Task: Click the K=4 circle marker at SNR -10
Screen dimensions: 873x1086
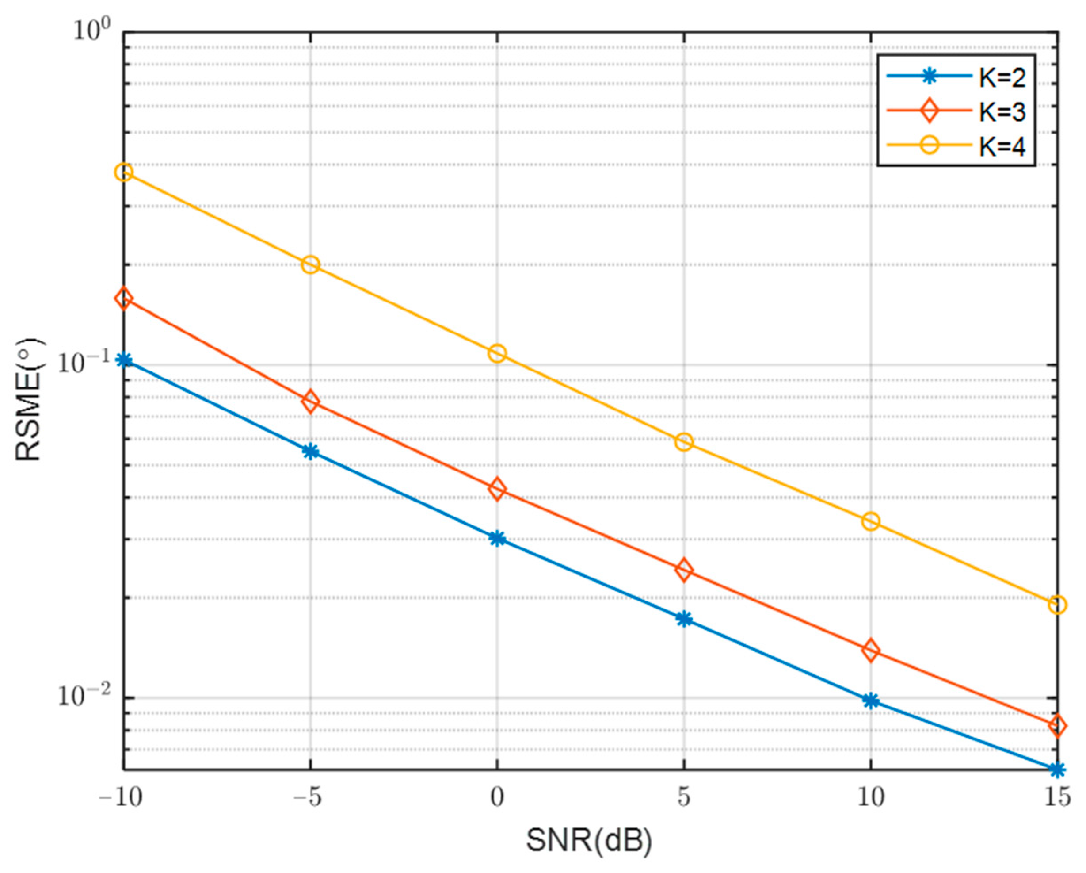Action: pyautogui.click(x=124, y=172)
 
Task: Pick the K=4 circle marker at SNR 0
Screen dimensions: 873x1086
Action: pyautogui.click(x=497, y=353)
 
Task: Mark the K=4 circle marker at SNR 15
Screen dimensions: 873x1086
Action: pyautogui.click(x=1057, y=605)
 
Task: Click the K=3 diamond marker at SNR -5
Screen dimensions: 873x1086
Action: pyautogui.click(x=311, y=401)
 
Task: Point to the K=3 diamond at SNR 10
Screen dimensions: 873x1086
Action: pyautogui.click(x=870, y=651)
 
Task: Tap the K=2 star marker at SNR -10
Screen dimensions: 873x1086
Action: pyautogui.click(x=124, y=360)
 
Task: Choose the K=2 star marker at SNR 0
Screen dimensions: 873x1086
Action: pyautogui.click(x=497, y=538)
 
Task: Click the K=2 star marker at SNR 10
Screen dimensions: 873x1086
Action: pyautogui.click(x=870, y=701)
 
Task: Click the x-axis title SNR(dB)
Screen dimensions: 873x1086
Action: pyautogui.click(x=589, y=841)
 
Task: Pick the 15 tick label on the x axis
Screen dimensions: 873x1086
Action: pyautogui.click(x=1057, y=798)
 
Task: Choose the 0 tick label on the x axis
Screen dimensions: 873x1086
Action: pyautogui.click(x=497, y=798)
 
